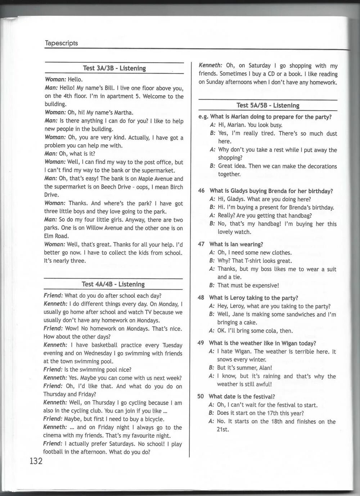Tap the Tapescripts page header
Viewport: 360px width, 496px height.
coord(61,43)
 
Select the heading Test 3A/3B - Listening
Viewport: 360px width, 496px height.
coord(114,68)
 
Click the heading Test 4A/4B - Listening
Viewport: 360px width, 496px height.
coord(113,284)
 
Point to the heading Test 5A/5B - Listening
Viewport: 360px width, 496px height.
coord(268,105)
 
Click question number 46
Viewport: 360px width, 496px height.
coord(201,191)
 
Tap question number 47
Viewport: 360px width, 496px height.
coord(201,244)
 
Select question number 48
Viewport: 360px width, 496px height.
coord(201,298)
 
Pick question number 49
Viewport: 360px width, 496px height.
coord(201,343)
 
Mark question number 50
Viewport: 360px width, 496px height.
coord(201,396)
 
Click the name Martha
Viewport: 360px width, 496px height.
coord(123,113)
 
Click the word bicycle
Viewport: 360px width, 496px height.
coord(153,419)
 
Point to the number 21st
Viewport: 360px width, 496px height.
coord(223,429)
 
